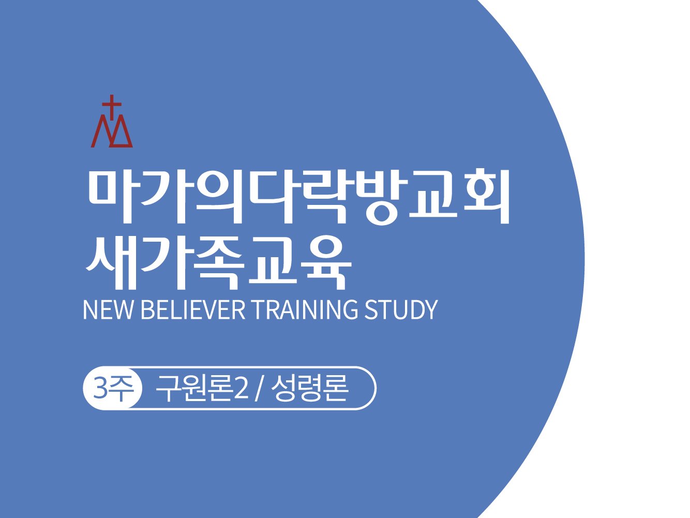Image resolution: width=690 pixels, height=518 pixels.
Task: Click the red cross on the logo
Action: click(x=112, y=106)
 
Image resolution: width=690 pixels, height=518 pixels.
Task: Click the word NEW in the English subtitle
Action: click(x=108, y=310)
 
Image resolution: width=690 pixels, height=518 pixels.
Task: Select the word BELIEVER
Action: click(x=193, y=310)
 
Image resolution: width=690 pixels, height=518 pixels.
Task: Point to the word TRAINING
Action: click(x=306, y=310)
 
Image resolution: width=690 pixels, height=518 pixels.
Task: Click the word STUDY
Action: click(x=401, y=310)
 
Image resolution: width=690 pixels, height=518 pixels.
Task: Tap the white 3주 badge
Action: click(x=113, y=388)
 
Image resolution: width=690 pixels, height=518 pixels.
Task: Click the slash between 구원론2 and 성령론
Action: click(x=259, y=389)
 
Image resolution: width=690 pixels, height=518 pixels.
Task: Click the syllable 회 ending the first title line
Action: click(x=486, y=196)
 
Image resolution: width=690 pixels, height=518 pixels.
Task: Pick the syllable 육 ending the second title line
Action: click(x=326, y=262)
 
